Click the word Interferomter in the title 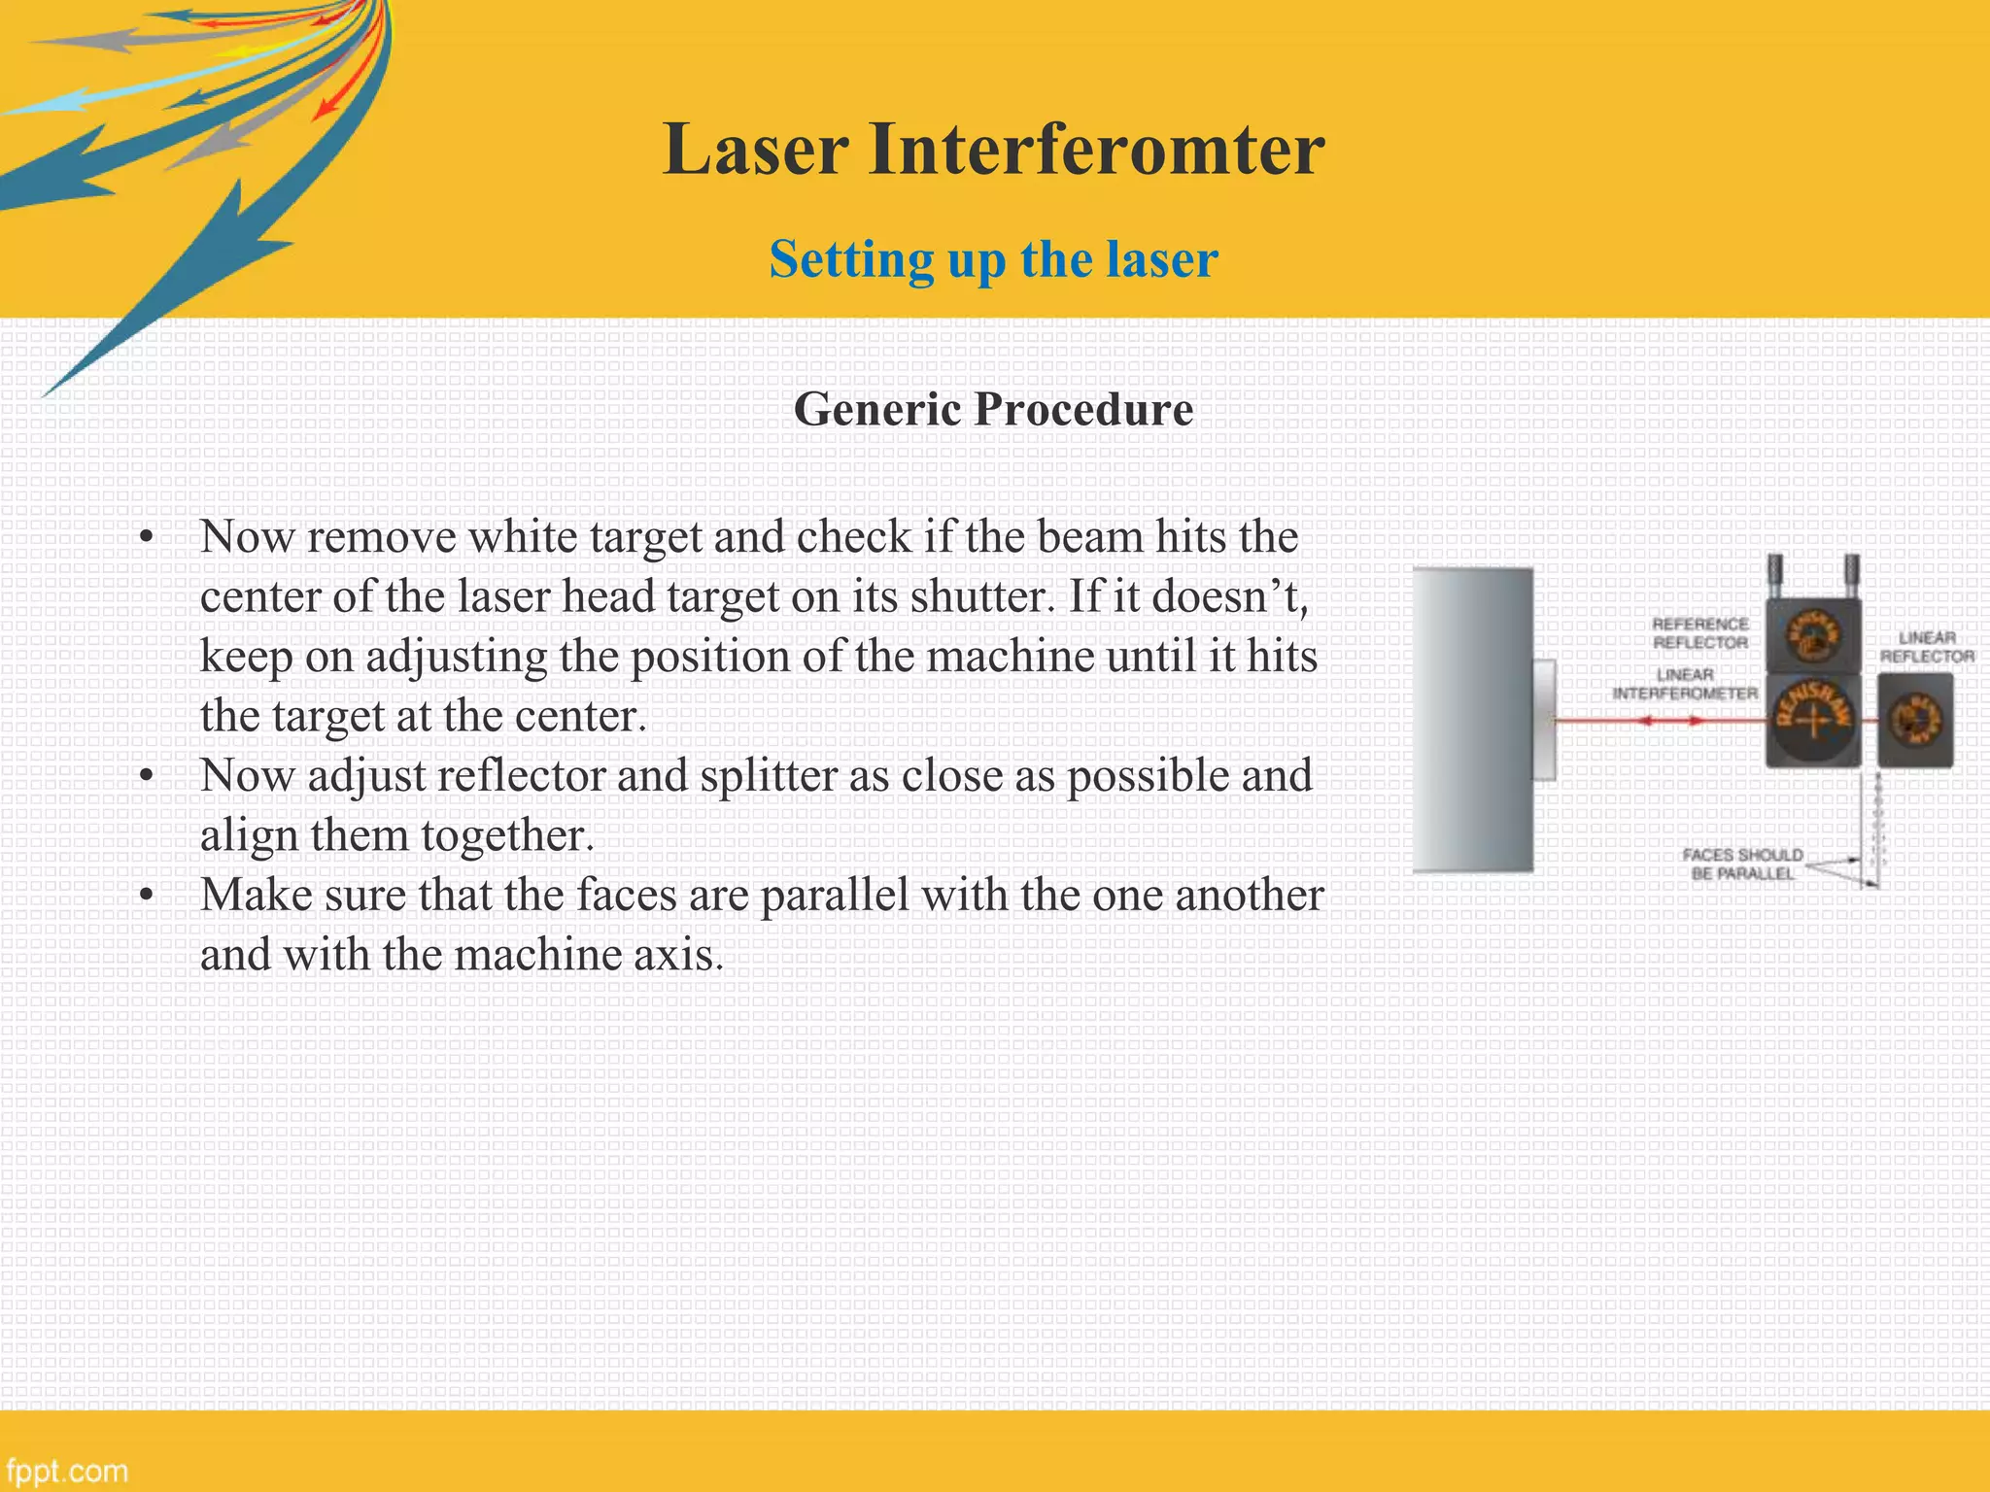coord(1096,151)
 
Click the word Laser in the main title coord(756,151)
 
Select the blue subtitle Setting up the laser coord(993,259)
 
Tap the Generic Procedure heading coord(993,409)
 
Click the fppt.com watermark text coord(66,1470)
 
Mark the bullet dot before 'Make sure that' coord(147,896)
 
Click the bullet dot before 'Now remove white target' coord(147,537)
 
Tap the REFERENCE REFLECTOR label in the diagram coord(1700,633)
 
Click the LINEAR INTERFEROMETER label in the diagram coord(1685,684)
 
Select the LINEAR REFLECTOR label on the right coord(1927,647)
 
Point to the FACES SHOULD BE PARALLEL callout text coord(1742,864)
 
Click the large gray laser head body coord(1472,720)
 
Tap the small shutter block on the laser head coord(1544,720)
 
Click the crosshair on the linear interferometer coord(1812,721)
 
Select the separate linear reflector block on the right coord(1914,721)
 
